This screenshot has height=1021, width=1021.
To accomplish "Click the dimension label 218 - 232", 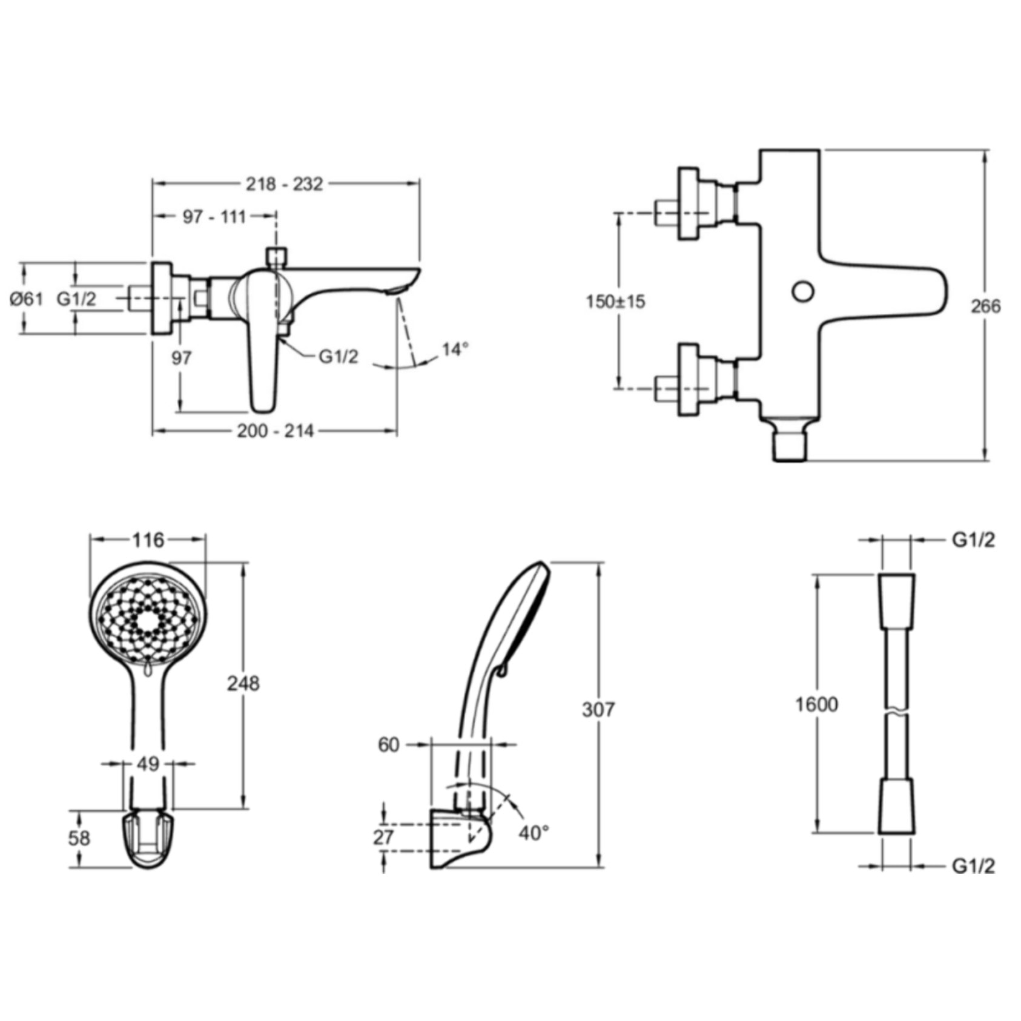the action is click(x=284, y=183).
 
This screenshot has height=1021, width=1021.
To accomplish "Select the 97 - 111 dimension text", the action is click(x=214, y=216).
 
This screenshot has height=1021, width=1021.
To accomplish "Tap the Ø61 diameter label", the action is click(x=27, y=299).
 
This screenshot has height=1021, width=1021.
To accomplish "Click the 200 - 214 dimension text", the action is click(x=276, y=431).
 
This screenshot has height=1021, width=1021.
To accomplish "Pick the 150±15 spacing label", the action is click(x=616, y=301).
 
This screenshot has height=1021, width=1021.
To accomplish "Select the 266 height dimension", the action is click(x=986, y=306).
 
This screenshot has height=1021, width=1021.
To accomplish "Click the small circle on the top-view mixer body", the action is click(x=803, y=291).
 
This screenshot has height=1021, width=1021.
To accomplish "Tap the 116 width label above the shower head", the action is click(x=149, y=539).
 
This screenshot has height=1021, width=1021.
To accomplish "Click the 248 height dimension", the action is click(x=243, y=683).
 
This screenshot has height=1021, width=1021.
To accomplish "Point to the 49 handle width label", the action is click(x=148, y=764).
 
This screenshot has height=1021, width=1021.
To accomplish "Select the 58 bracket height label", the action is click(x=79, y=838).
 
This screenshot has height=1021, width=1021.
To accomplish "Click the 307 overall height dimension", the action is click(x=598, y=709).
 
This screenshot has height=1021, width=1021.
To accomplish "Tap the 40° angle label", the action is click(x=534, y=833).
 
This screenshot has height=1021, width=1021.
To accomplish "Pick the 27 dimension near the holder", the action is click(x=383, y=838).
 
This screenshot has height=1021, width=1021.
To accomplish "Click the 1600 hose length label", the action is click(x=817, y=704).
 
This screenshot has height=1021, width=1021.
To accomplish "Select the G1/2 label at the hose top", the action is click(x=974, y=540).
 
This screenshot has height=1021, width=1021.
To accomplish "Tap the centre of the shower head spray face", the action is click(x=148, y=621).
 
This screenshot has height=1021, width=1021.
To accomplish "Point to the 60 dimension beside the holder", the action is click(x=389, y=745).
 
